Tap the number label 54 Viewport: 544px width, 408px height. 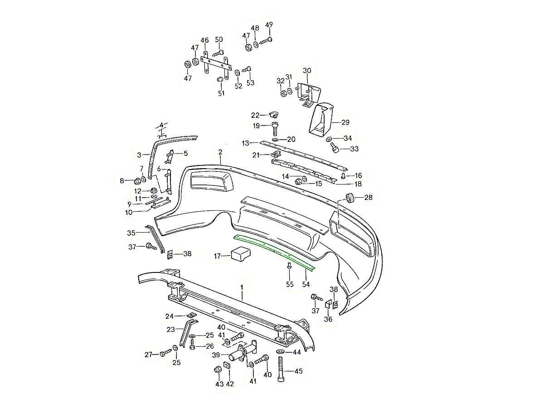tap(306, 284)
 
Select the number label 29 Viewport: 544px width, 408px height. tap(345, 122)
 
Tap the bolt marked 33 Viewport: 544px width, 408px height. tap(335, 147)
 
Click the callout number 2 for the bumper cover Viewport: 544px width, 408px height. tap(220, 152)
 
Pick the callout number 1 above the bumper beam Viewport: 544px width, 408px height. tap(242, 287)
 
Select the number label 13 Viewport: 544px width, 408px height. tap(246, 143)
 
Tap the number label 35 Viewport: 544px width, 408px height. tap(131, 233)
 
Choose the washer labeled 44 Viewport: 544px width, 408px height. tap(280, 352)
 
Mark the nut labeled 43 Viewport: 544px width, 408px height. tap(217, 369)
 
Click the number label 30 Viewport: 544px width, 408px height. tap(307, 70)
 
